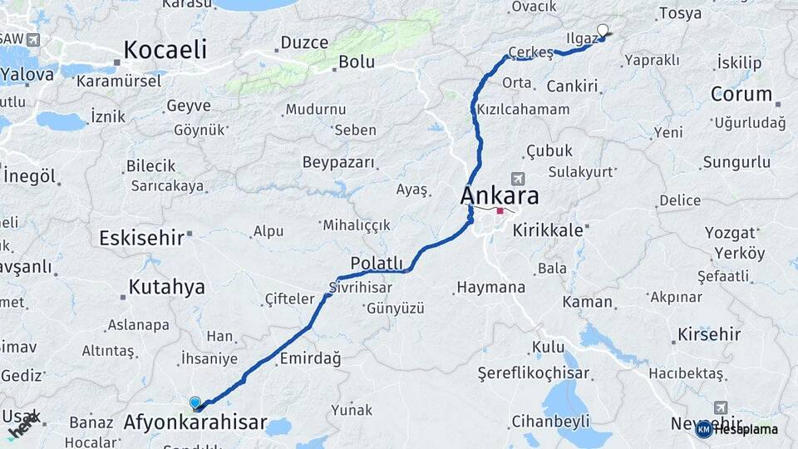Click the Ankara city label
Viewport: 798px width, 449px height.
click(499, 196)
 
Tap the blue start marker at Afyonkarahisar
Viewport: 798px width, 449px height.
click(195, 403)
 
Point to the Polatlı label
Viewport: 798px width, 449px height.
click(376, 263)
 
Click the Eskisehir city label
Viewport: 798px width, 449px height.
click(141, 238)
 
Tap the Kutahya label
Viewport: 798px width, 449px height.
click(166, 288)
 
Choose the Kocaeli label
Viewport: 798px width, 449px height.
click(165, 50)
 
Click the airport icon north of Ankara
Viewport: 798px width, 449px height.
click(518, 179)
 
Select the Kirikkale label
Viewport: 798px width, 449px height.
click(548, 230)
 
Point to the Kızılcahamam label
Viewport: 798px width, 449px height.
click(523, 109)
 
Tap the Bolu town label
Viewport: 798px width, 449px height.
click(356, 62)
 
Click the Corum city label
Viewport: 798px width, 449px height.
click(741, 94)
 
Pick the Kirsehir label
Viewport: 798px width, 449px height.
click(709, 334)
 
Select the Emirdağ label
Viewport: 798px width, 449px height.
click(311, 358)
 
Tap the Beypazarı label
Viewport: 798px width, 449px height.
click(338, 161)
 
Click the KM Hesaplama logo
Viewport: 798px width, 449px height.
click(737, 429)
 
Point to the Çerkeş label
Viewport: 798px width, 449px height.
click(530, 52)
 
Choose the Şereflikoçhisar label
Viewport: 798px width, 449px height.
click(533, 373)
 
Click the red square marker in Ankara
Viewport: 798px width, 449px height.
click(500, 211)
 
